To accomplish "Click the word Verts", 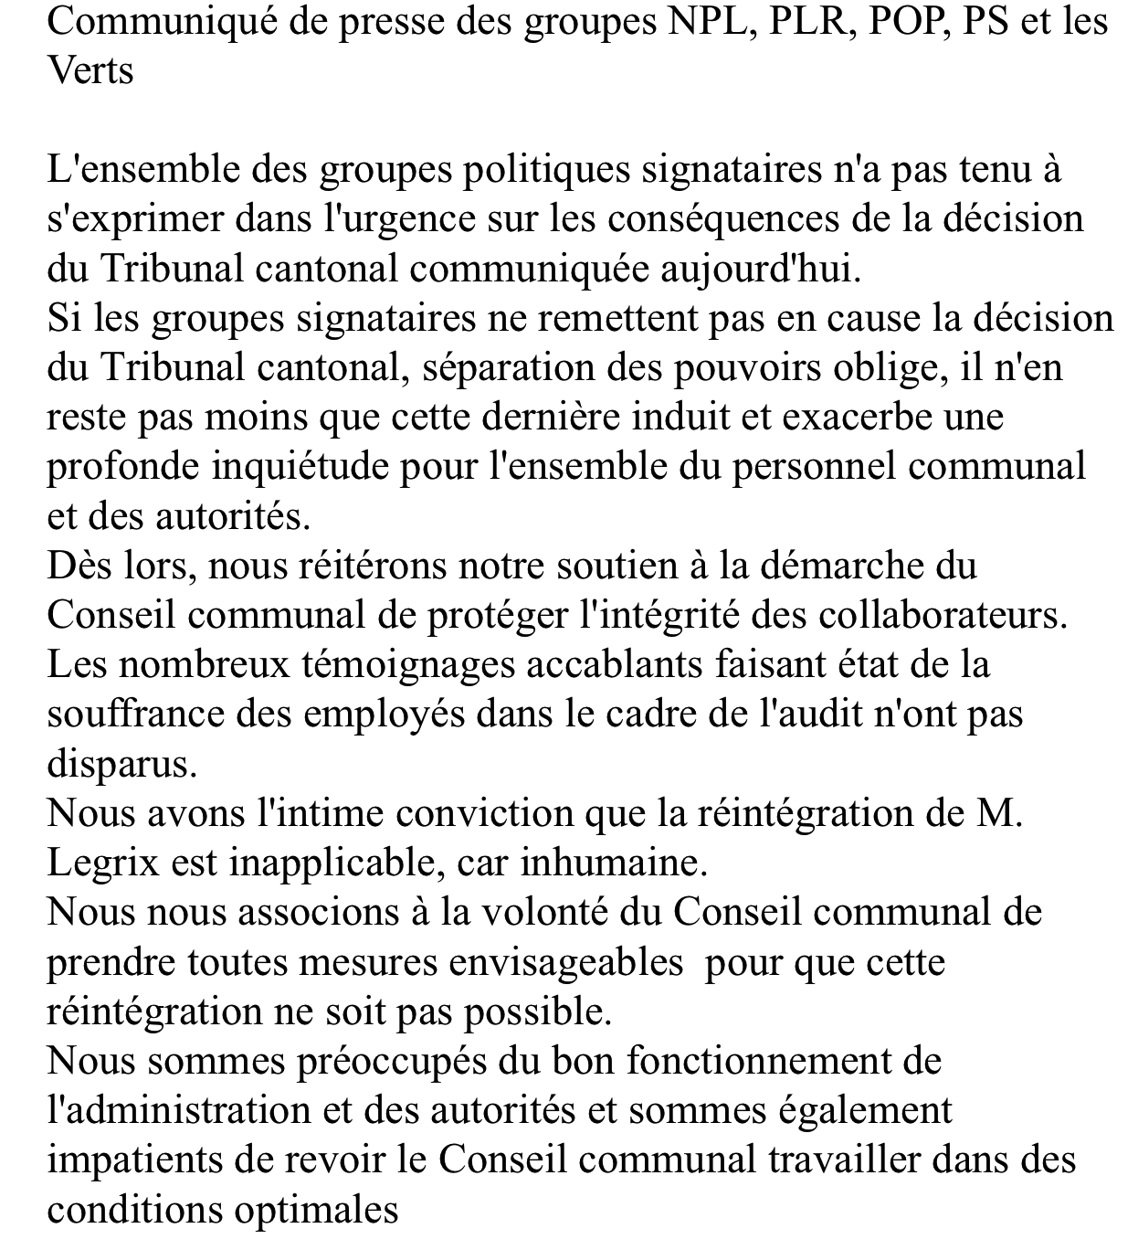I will coord(90,70).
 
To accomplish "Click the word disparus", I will coord(121,764).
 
